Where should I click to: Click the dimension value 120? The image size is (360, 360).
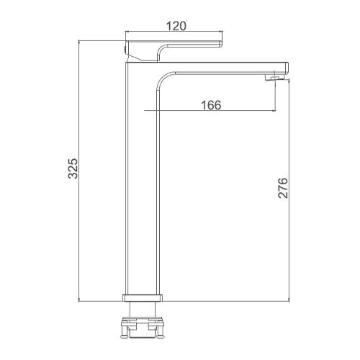click(x=176, y=26)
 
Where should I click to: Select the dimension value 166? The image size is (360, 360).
click(x=211, y=105)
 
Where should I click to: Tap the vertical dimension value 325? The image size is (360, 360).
click(x=73, y=168)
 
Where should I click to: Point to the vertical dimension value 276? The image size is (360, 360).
click(x=282, y=188)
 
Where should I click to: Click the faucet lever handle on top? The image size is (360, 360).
click(x=174, y=51)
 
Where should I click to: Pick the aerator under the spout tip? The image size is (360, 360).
click(x=274, y=78)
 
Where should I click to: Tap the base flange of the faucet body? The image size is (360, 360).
click(x=143, y=297)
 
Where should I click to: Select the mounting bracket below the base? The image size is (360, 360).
click(x=143, y=328)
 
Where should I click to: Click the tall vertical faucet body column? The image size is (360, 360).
click(x=143, y=178)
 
